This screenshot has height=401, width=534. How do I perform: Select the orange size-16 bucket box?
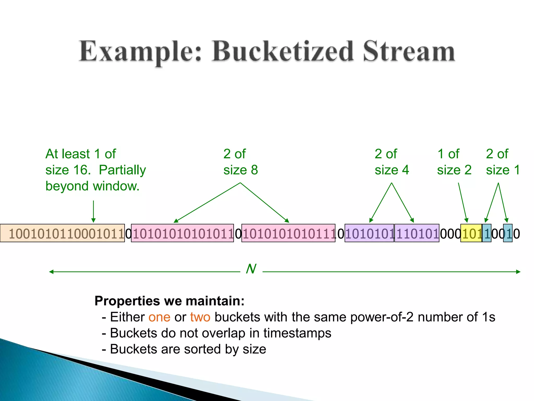tap(63, 233)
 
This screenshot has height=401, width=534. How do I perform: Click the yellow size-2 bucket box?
tap(471, 233)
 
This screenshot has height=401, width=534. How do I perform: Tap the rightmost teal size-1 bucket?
tap(507, 233)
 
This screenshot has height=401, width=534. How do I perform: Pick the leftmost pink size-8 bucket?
tap(182, 233)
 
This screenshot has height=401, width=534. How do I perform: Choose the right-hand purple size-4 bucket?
tap(417, 233)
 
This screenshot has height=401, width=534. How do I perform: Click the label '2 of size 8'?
tap(240, 162)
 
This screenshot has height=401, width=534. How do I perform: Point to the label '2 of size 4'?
tap(391, 162)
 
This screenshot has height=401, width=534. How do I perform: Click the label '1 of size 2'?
tap(454, 162)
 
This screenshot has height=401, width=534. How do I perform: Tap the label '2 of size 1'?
tap(503, 162)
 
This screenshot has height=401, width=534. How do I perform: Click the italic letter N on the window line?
tap(251, 269)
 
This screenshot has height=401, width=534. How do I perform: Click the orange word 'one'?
tap(159, 317)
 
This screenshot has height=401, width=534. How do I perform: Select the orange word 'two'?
tap(200, 317)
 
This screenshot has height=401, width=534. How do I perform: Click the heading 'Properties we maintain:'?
tap(169, 301)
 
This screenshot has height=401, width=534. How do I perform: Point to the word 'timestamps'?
tap(297, 333)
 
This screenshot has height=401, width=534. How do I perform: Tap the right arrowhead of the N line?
tap(518, 272)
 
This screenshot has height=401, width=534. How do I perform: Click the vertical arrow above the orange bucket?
tap(93, 211)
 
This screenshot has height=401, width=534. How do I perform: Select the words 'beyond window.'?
tap(92, 186)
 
